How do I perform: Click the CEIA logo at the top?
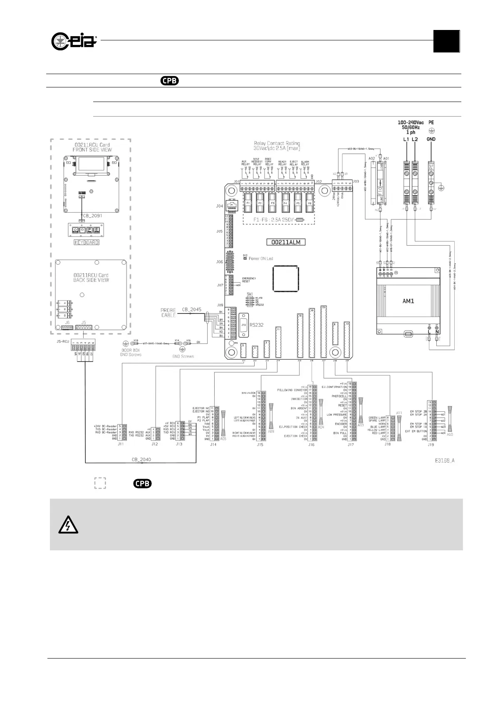pos(74,41)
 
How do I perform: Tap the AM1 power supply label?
pos(409,301)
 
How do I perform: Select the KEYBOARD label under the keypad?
pos(87,242)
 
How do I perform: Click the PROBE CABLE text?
pos(169,313)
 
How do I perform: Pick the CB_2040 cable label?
pos(141,459)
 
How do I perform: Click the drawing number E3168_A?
pos(443,461)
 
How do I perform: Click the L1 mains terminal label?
pos(406,139)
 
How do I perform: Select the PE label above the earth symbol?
pos(431,123)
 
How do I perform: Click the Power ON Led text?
pos(261,259)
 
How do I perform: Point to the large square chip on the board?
pos(285,279)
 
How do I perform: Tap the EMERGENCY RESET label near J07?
pos(249,280)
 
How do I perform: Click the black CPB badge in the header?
pos(170,81)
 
